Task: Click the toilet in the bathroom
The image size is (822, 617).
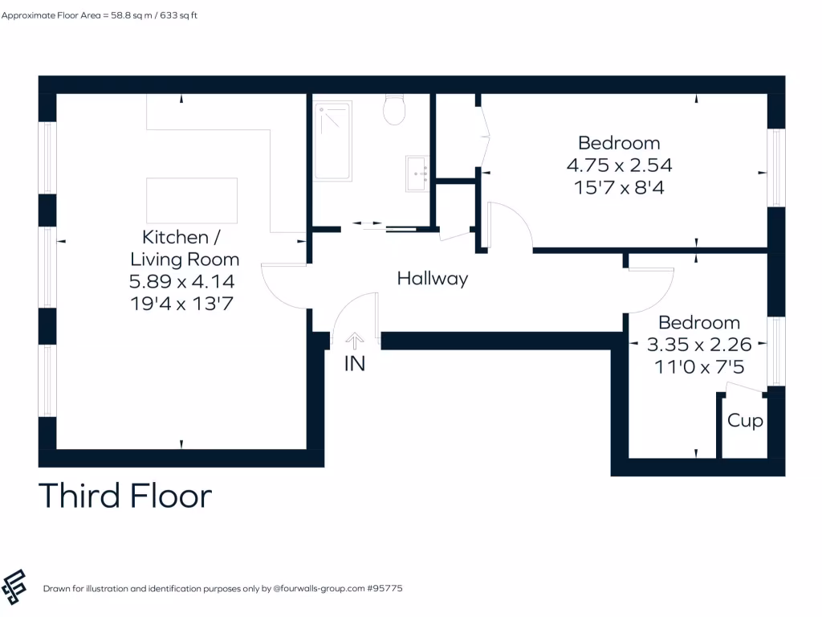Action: pos(394,110)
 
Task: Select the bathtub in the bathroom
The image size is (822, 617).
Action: pos(332,141)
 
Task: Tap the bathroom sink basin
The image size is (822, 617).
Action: pos(417,173)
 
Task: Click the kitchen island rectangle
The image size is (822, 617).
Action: pos(192,201)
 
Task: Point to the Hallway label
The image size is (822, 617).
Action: pos(433,280)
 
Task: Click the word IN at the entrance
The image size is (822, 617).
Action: pos(355,363)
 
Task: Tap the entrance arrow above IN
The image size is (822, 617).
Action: pos(354,341)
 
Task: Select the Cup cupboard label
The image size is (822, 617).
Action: pos(745,421)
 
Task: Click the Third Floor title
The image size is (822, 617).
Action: pos(125,496)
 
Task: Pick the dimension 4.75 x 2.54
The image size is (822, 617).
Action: pos(619,165)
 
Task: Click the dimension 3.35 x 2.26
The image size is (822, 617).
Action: pos(699,345)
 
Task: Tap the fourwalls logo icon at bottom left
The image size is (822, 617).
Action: pos(14,587)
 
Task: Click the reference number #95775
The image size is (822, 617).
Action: pos(384,589)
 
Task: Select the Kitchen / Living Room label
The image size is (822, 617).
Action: pos(184,247)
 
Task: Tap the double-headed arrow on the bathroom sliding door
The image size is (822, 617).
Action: pos(367,224)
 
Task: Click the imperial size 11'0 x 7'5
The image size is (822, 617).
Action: pos(699,366)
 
